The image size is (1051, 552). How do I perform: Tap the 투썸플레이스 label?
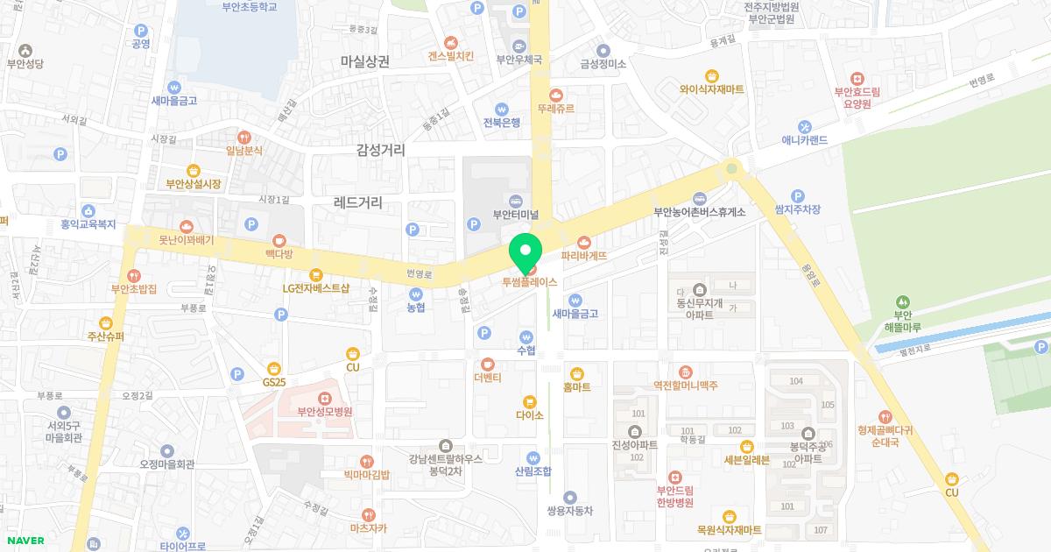click(x=529, y=282)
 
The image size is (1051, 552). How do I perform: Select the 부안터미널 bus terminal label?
click(x=515, y=214)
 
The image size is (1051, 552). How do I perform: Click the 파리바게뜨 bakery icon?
click(x=584, y=243)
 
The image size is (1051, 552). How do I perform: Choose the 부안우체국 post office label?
click(x=518, y=60)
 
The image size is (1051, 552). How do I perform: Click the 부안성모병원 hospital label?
click(x=324, y=411)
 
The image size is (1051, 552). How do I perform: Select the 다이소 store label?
click(x=529, y=414)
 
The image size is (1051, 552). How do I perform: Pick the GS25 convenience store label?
click(x=274, y=382)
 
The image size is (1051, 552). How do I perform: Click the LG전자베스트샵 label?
click(x=315, y=288)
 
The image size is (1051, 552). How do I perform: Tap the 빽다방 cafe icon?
click(x=279, y=239)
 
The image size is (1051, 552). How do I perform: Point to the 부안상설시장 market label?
click(x=194, y=184)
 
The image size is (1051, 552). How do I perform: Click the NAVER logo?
click(x=25, y=541)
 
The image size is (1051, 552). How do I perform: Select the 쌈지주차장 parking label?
click(x=797, y=209)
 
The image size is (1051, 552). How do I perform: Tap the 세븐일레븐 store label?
click(x=746, y=459)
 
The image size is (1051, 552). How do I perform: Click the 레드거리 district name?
click(x=357, y=202)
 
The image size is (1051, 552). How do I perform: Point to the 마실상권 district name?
click(x=365, y=61)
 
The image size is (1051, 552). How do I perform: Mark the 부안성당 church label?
click(x=25, y=63)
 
